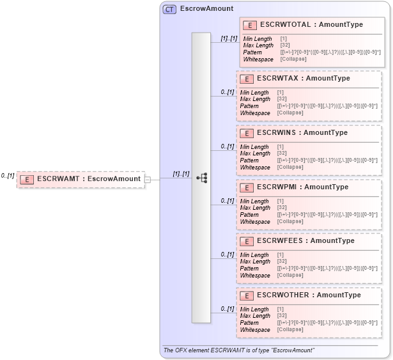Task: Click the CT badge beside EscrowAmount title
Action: (x=170, y=9)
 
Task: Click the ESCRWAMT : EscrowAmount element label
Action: (x=89, y=179)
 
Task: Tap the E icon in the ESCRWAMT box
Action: (x=27, y=180)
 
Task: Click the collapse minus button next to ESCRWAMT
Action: (x=148, y=180)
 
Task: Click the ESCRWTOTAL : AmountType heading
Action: (x=311, y=24)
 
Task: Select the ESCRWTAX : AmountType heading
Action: (x=303, y=78)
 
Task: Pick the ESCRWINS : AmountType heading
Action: (x=302, y=132)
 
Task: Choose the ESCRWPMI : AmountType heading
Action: (x=302, y=187)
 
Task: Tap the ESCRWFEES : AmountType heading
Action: (x=305, y=240)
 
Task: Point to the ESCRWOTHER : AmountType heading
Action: (x=309, y=295)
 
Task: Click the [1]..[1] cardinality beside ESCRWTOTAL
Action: (x=229, y=38)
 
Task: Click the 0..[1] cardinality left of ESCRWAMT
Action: (x=8, y=175)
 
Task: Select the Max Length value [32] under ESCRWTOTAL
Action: (x=285, y=45)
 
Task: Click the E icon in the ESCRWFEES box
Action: (x=246, y=241)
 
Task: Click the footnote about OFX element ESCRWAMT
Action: (x=239, y=350)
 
